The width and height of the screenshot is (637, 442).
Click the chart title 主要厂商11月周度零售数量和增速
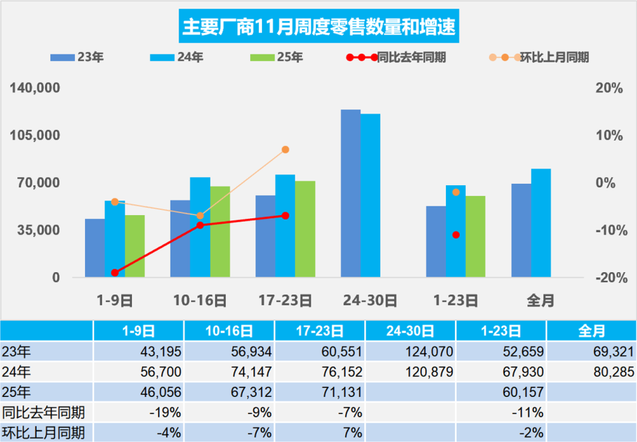coord(318,28)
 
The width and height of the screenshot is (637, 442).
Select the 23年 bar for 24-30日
coord(350,193)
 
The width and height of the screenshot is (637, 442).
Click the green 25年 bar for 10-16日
coord(220,232)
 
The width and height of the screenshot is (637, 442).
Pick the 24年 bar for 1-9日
coord(115,239)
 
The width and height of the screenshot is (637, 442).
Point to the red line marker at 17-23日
coord(285,216)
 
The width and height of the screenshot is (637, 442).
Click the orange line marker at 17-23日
coord(285,150)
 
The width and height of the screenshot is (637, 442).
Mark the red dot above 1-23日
coord(456,235)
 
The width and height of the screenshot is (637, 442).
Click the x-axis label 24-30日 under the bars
coord(370,301)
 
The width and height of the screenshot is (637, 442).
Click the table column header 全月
coord(591,331)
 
